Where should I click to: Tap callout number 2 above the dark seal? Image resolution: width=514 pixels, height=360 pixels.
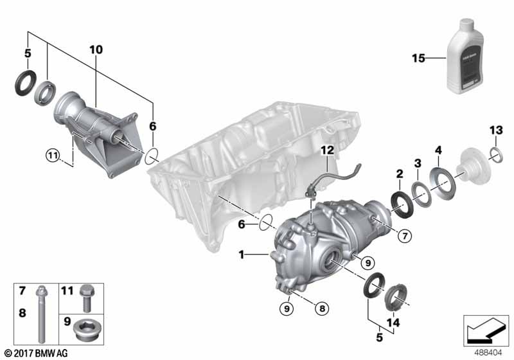click(398, 174)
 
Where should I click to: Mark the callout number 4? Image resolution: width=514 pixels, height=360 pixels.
click(438, 151)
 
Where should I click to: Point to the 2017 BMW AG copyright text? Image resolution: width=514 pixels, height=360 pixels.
click(35, 353)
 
